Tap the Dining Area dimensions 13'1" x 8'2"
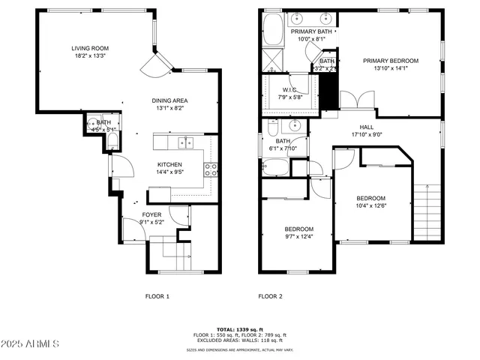(169, 108)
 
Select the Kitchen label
(169, 164)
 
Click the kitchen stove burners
(213, 169)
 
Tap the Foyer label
(151, 214)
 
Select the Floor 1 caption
(157, 296)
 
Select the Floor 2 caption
(270, 296)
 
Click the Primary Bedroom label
(391, 61)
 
